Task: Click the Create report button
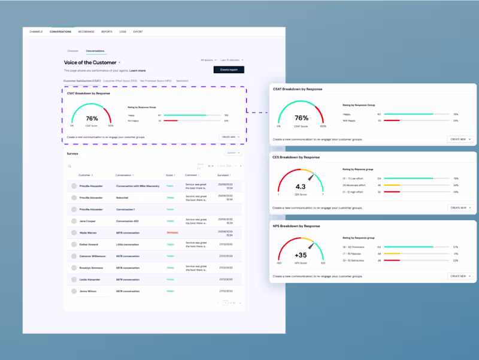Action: pos(229,69)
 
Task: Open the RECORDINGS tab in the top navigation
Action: pos(86,31)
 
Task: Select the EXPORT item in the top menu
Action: pos(138,31)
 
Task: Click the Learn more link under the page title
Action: pos(138,71)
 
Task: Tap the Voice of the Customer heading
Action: pos(91,62)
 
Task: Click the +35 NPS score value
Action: pos(301,255)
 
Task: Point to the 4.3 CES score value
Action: pos(301,186)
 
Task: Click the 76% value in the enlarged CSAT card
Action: pos(302,118)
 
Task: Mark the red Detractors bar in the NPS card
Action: pos(392,260)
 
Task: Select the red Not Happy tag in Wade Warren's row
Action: pos(172,232)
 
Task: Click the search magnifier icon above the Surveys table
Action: pos(69,166)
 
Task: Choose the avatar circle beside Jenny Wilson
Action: pos(74,291)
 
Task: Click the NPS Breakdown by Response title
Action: pos(296,226)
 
